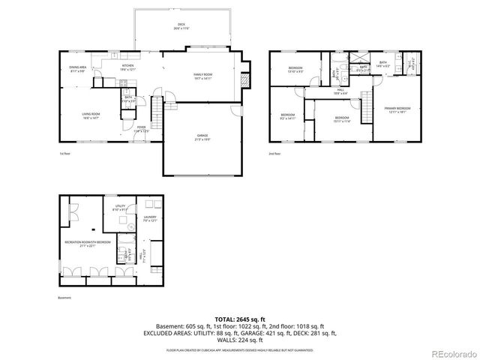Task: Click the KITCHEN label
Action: pos(128,67)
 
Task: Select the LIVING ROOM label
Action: pos(91,115)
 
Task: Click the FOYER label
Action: pos(141,128)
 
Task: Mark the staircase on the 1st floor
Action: pos(156,116)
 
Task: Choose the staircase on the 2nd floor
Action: pos(367,107)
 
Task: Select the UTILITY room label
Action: pos(119,208)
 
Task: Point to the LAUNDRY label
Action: pos(151,218)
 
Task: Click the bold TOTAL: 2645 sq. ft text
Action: pos(239,319)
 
